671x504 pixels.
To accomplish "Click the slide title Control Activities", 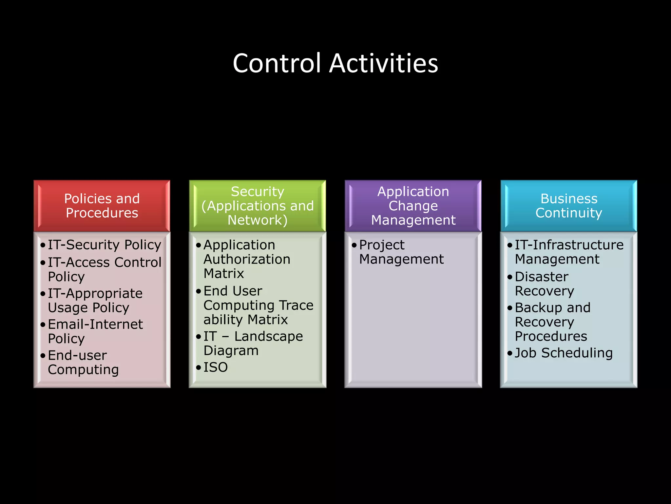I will coord(335,63).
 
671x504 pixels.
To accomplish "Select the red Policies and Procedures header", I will coord(102,206).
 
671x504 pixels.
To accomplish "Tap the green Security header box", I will coord(258,206).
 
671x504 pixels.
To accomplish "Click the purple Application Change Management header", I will coord(413,206).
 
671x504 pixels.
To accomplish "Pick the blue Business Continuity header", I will coord(569,206).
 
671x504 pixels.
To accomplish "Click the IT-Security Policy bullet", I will coord(104,245).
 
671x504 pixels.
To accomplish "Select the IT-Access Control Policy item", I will coord(104,269).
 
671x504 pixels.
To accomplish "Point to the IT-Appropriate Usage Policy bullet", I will coord(95,300).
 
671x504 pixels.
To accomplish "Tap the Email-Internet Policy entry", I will coord(95,331).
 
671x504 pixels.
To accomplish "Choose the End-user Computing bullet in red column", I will coord(83,362).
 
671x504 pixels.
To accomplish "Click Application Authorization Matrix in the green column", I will coord(246,259).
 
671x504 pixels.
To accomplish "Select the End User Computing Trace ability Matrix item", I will coord(258,305).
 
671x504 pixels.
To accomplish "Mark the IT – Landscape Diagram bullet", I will coord(253,343).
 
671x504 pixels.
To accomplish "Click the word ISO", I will coord(216,367).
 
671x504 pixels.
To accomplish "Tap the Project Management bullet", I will coord(401,252).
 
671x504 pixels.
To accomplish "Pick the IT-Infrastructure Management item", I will coord(569,252).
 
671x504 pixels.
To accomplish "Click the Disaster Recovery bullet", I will coord(544,284).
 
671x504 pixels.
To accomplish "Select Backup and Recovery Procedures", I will coord(552,322).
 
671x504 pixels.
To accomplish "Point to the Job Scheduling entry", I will coord(564,353).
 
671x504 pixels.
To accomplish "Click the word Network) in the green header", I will coord(258,220).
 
